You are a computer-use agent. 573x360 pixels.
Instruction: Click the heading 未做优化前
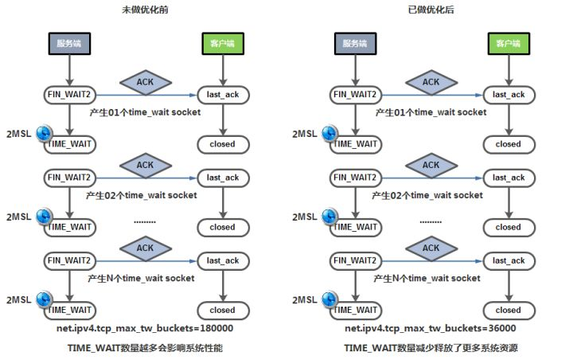click(144, 10)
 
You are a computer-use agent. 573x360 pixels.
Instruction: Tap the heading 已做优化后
click(430, 10)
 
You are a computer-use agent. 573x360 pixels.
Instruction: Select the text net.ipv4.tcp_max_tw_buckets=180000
click(144, 328)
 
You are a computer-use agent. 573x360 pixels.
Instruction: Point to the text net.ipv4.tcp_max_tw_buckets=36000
click(430, 328)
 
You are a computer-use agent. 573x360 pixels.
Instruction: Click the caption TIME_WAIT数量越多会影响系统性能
click(144, 348)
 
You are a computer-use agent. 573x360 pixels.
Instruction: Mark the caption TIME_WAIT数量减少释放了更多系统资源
click(430, 348)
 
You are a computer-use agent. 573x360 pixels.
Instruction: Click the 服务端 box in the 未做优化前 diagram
click(69, 43)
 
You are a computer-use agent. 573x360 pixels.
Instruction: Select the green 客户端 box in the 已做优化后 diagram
click(508, 43)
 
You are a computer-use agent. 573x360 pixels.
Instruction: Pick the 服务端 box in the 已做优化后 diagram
click(356, 43)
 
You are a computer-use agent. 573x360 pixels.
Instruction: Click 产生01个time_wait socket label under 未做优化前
click(143, 112)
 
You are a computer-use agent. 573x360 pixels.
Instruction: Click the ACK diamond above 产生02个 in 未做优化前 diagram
click(145, 166)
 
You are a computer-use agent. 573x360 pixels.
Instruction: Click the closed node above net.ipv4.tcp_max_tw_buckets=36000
click(508, 310)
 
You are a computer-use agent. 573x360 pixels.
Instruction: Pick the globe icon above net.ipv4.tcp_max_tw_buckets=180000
click(45, 301)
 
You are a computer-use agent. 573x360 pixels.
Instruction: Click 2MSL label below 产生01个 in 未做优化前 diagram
click(18, 133)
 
